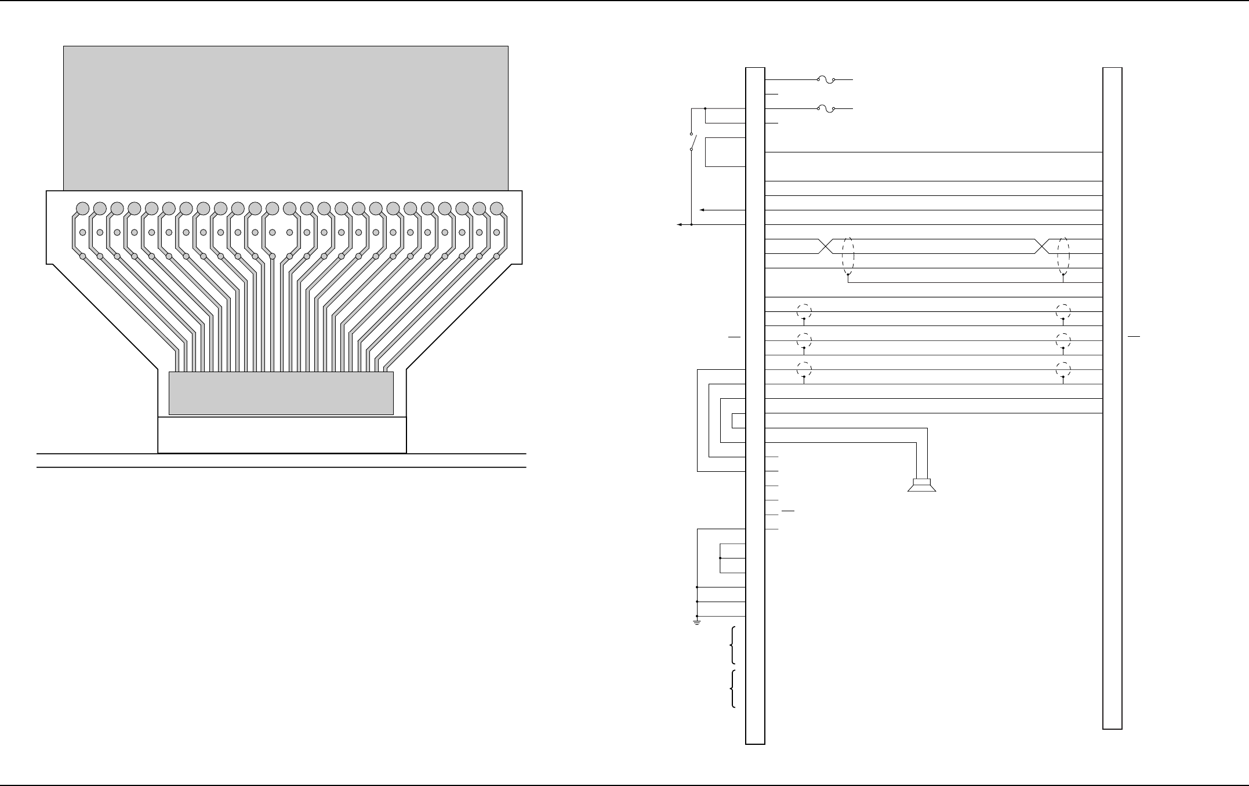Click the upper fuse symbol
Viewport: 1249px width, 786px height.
click(826, 80)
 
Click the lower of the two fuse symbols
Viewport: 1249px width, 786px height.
click(826, 108)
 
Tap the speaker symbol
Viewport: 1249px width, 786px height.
click(921, 485)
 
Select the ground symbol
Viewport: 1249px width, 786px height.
click(696, 623)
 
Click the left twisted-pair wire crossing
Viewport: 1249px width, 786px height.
click(825, 246)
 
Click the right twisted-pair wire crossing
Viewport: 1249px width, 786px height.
click(1042, 246)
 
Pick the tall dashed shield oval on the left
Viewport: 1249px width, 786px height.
click(848, 256)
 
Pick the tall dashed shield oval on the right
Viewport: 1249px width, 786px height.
click(1063, 256)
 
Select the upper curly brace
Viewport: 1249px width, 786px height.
click(733, 645)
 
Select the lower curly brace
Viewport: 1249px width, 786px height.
click(733, 689)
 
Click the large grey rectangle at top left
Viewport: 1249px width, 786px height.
click(285, 118)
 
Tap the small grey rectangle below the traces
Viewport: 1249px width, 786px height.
click(281, 393)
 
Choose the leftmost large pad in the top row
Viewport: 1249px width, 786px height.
click(82, 208)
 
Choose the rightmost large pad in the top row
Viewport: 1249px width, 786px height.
click(496, 208)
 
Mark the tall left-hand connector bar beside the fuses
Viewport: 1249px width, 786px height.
click(755, 406)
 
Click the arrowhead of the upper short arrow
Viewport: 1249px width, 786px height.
click(702, 210)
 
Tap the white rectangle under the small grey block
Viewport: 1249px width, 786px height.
click(282, 435)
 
